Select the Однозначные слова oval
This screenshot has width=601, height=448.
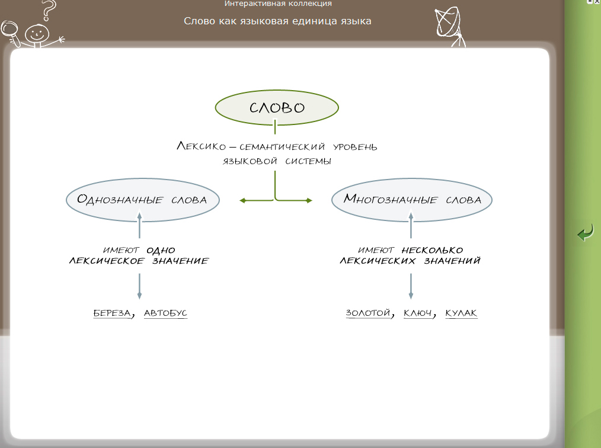tap(142, 200)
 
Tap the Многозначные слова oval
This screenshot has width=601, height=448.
tap(412, 200)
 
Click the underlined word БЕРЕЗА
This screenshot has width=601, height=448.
tap(112, 313)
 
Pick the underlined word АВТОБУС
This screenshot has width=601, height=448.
tap(165, 313)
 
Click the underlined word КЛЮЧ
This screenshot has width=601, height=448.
tap(417, 313)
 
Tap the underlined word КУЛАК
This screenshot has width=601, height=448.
tap(461, 313)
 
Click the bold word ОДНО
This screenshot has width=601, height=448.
tap(161, 250)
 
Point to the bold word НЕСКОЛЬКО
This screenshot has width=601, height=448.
tap(431, 250)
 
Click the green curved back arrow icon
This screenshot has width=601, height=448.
tap(586, 233)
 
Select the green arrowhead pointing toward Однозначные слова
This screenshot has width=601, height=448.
tap(242, 201)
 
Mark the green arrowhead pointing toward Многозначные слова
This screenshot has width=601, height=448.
tap(309, 201)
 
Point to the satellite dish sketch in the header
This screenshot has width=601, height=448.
tap(448, 24)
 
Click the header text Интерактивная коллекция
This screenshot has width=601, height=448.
tap(278, 4)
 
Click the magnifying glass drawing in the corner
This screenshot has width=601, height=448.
tap(10, 30)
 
